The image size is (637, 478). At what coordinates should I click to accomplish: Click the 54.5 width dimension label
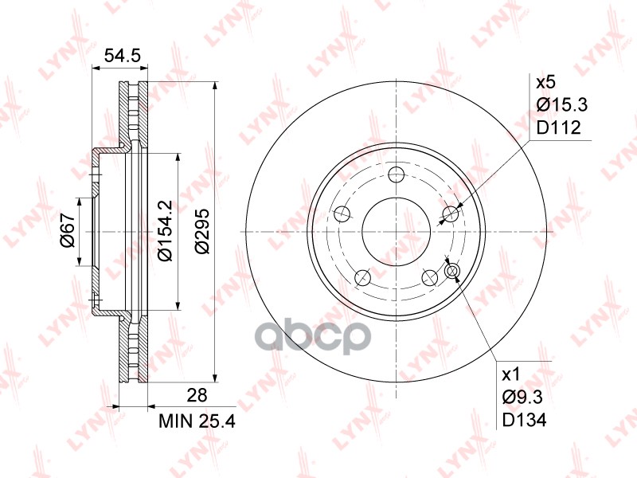123,56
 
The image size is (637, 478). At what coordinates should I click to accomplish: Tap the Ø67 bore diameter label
68,231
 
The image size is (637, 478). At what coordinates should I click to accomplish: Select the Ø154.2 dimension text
166,231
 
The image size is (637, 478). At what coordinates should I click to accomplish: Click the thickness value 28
197,395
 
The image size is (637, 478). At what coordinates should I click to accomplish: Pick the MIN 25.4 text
197,421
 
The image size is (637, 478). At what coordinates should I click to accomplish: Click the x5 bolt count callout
545,83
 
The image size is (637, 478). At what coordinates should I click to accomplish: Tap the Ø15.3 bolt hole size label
562,105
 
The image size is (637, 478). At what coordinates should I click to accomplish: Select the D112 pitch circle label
559,128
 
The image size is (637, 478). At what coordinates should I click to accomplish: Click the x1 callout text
510,374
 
